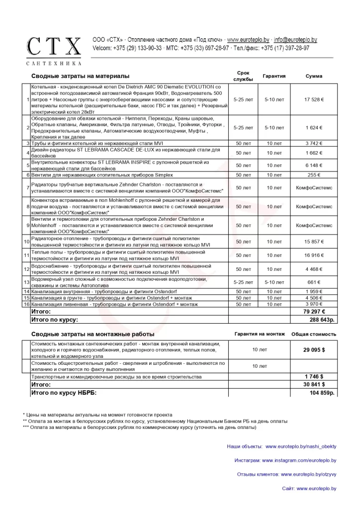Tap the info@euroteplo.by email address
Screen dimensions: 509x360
click(295, 40)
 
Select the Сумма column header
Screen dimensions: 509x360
click(314, 76)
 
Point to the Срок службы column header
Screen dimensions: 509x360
click(243, 76)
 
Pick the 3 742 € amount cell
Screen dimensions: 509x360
click(314, 144)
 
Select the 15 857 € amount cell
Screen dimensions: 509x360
click(314, 242)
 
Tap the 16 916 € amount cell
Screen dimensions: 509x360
click(314, 255)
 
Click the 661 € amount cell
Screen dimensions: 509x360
click(314, 282)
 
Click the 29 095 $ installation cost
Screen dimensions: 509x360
click(314, 350)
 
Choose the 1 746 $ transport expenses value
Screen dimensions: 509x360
click(314, 377)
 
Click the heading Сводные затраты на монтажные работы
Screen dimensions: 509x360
click(93, 334)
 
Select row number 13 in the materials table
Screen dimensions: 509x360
click(27, 282)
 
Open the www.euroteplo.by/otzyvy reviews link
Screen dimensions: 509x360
click(308, 475)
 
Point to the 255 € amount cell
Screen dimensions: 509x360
click(314, 175)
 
